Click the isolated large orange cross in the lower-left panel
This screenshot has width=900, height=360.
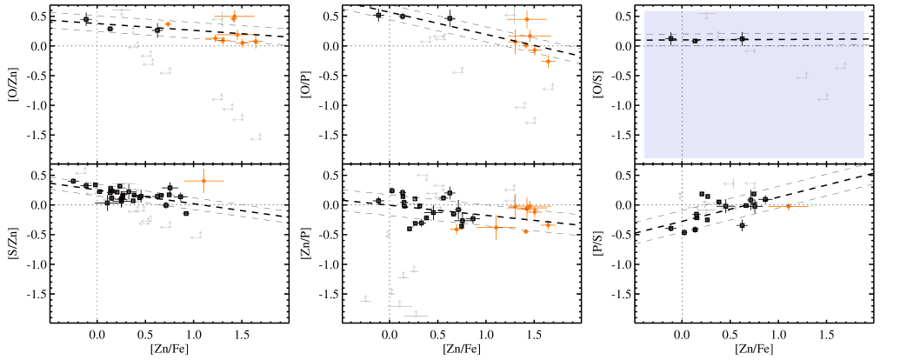pos(203,180)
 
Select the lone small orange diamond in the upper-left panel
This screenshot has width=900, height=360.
pos(168,24)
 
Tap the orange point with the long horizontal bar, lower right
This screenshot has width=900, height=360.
pos(789,206)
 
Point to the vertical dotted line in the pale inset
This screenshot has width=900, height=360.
pos(682,104)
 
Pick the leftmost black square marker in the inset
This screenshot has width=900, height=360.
pos(670,38)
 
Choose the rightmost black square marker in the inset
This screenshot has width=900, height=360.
pos(742,38)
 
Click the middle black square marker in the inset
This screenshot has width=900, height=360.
pos(695,41)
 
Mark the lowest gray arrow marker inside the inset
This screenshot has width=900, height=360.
pos(823,97)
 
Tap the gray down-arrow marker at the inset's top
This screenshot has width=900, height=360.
pos(706,14)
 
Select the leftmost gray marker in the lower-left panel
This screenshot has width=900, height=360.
pos(81,172)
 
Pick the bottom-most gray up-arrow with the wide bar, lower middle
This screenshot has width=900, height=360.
pos(416,315)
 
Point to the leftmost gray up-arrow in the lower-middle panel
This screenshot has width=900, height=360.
pos(365,299)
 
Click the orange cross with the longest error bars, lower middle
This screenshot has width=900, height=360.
pos(496,227)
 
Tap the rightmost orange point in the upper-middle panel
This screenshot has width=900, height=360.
pos(548,61)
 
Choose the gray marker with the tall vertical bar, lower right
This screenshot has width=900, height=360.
pos(730,183)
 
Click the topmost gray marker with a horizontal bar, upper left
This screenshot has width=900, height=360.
pos(121,10)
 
